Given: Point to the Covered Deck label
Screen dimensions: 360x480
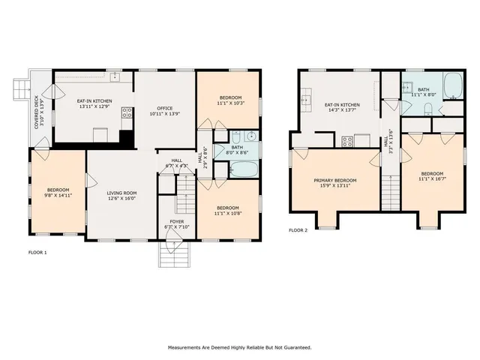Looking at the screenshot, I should [37, 112].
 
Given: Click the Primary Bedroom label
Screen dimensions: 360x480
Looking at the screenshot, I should [334, 181].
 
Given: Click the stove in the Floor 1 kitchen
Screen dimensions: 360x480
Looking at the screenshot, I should [127, 114].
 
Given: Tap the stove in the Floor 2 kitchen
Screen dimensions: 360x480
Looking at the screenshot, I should [348, 141].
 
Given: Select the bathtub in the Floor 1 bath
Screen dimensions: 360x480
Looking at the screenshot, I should [243, 171].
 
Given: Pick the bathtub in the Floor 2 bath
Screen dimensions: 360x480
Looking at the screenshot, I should [454, 86].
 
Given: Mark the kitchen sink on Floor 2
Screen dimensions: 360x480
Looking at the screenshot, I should [307, 97].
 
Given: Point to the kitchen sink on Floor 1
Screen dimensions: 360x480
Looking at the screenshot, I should [115, 76].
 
